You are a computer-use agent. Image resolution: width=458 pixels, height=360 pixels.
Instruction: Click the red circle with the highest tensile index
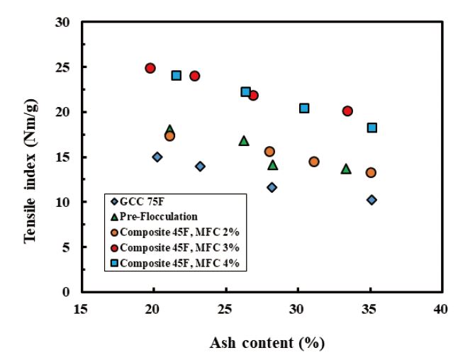coord(150,68)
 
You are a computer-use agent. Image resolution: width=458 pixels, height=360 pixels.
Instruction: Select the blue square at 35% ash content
coord(372,128)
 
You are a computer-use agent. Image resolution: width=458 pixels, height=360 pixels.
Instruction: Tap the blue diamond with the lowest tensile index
coord(372,200)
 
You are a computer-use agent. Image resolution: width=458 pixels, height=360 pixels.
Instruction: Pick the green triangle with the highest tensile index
coord(169,130)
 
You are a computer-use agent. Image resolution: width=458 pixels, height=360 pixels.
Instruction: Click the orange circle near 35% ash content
coord(371,172)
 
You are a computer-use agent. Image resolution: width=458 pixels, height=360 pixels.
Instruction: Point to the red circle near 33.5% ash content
coord(347,111)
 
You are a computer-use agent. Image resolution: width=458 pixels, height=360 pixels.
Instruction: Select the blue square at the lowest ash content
coord(176,75)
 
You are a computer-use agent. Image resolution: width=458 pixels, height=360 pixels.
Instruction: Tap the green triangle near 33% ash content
coord(346,169)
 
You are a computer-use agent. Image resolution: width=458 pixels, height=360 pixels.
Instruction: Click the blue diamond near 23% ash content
coord(201,167)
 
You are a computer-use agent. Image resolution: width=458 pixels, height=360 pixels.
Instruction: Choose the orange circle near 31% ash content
coord(314,162)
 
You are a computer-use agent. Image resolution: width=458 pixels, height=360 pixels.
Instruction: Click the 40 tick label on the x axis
coord(440,310)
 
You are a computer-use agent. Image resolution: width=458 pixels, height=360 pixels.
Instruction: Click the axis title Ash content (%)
coord(267,344)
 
